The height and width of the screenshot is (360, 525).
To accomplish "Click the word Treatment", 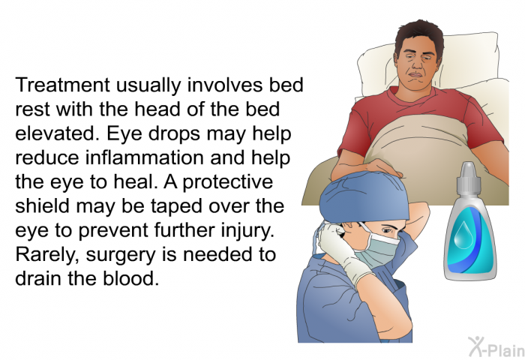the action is pos(62,85).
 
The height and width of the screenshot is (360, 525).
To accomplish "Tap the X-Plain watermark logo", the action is pos(496,347).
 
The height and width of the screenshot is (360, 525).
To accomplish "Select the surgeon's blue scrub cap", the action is pos(364,198).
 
